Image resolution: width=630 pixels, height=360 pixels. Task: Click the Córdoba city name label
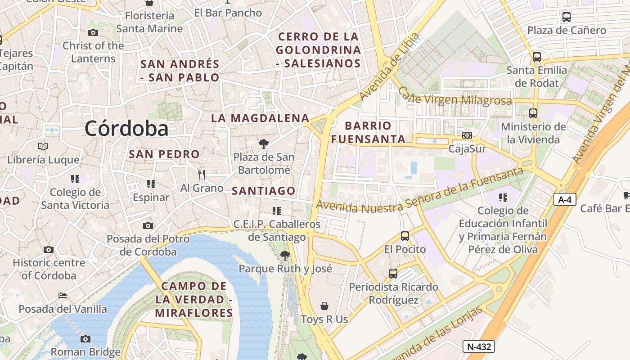pos(126,129)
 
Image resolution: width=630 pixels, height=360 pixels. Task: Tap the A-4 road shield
pos(564,199)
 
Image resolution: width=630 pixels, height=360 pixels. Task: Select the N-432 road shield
pos(479,346)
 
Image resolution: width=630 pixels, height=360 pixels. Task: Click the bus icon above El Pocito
pos(405,236)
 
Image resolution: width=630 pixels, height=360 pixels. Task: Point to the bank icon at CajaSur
pos(467,135)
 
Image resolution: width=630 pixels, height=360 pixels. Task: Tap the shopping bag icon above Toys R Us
pos(324,306)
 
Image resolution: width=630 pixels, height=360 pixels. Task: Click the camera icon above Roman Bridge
pos(85,339)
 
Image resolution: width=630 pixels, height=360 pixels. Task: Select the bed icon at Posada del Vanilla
pos(63,296)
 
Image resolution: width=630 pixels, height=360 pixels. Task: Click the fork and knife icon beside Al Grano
pos(202,174)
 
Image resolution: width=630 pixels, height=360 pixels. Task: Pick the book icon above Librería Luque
pos(43,146)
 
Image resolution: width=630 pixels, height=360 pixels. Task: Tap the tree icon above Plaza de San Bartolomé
pos(264,144)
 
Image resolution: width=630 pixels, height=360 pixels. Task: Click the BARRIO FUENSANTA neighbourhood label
pos(368,132)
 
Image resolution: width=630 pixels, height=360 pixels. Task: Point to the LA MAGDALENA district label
pos(260,118)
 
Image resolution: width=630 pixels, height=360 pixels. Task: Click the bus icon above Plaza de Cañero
pos(567,18)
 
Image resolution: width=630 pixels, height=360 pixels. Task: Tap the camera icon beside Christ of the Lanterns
pos(93,32)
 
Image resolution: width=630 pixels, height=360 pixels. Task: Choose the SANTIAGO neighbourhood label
pos(263,191)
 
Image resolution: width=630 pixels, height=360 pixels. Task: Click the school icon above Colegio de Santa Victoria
pos(75,179)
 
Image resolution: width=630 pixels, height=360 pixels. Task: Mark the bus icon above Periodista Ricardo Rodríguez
pos(393,273)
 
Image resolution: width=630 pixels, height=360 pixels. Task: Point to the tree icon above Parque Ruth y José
pos(285,256)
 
